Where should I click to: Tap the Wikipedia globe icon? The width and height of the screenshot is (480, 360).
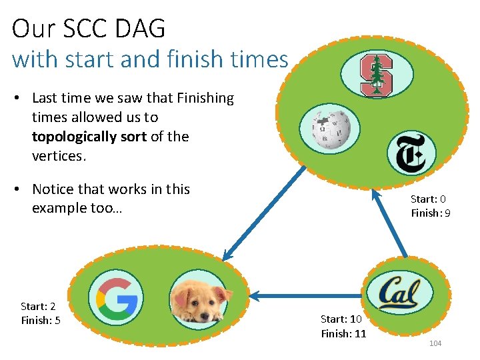click(x=329, y=129)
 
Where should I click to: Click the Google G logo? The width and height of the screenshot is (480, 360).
click(x=116, y=297)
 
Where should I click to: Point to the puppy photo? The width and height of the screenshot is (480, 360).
click(x=199, y=299)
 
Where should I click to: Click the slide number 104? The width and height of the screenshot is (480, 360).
click(x=435, y=343)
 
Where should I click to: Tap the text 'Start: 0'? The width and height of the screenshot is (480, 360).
click(x=428, y=199)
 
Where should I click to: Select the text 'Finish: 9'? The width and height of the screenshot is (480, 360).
click(x=430, y=213)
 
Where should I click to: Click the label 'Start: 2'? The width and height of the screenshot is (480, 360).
click(x=38, y=306)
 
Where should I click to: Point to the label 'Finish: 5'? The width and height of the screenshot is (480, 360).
click(x=40, y=321)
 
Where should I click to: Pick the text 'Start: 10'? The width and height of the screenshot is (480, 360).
click(x=341, y=319)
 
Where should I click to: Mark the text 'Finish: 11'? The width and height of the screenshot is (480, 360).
click(x=343, y=333)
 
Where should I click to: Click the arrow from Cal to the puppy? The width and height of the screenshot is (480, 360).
click(x=307, y=295)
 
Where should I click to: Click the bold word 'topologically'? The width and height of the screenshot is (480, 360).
click(x=73, y=137)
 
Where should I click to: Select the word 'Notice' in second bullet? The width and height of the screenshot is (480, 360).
click(x=55, y=189)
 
